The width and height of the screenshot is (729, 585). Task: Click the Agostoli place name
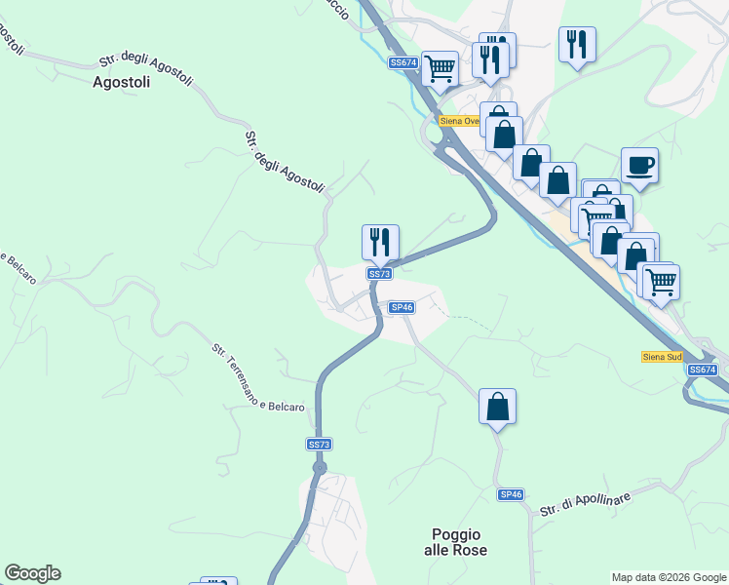pyautogui.click(x=121, y=83)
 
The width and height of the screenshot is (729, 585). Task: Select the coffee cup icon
pyautogui.click(x=639, y=165)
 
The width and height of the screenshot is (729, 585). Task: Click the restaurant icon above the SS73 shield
pyautogui.click(x=380, y=242)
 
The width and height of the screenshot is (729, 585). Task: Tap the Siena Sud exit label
pyautogui.click(x=662, y=357)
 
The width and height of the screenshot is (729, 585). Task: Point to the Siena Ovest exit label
pyautogui.click(x=458, y=121)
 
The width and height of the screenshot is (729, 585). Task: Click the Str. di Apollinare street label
pyautogui.click(x=586, y=502)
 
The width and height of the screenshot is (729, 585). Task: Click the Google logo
pyautogui.click(x=32, y=573)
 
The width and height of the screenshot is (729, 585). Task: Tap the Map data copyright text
pyautogui.click(x=669, y=577)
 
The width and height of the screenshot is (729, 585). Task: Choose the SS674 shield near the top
pyautogui.click(x=403, y=62)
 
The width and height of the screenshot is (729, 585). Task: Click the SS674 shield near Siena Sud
pyautogui.click(x=702, y=370)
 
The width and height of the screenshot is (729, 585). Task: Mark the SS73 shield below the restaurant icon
pyautogui.click(x=379, y=274)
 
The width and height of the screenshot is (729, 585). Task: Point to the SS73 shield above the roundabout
pyautogui.click(x=319, y=445)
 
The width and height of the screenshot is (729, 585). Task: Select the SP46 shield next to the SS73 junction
pyautogui.click(x=402, y=307)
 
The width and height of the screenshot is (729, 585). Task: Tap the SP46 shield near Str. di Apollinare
pyautogui.click(x=511, y=494)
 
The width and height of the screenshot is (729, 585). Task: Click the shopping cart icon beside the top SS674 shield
pyautogui.click(x=440, y=68)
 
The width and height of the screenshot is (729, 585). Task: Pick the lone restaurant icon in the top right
pyautogui.click(x=577, y=44)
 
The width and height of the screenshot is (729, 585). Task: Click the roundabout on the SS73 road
pyautogui.click(x=319, y=468)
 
